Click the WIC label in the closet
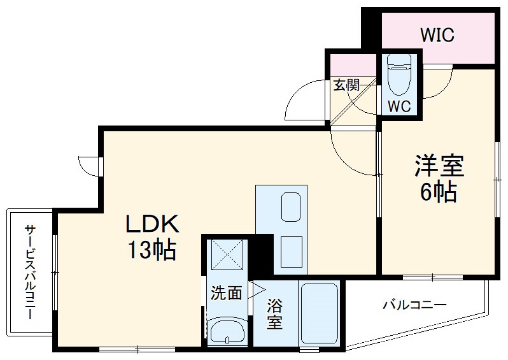point(437,35)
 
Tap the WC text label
point(399,105)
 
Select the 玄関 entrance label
point(347,85)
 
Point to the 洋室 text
point(439,168)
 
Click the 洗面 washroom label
point(227,293)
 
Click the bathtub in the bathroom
point(320,313)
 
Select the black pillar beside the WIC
point(370,29)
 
